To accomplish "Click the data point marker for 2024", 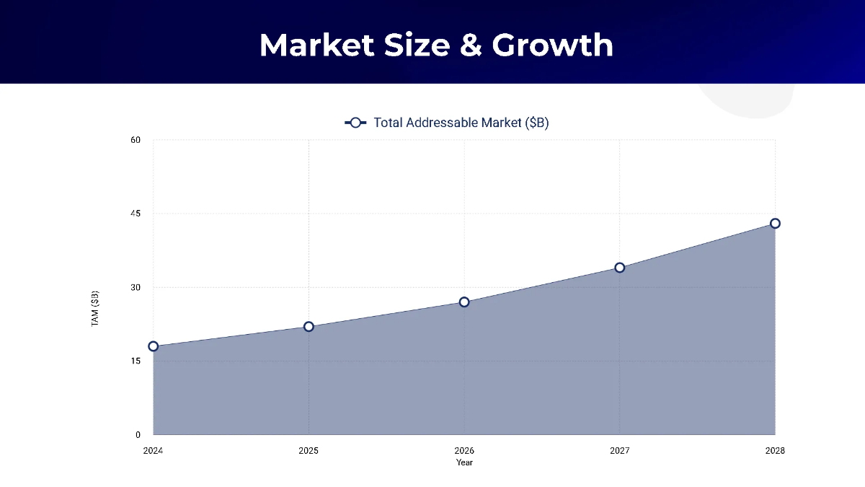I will (x=154, y=346).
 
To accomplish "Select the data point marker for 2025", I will (x=309, y=326).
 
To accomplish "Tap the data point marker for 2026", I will (x=464, y=302).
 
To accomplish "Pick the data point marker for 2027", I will (x=620, y=268).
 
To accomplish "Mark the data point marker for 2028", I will (x=775, y=223).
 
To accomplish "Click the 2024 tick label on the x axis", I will (x=154, y=451).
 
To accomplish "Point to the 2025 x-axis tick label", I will (x=309, y=451).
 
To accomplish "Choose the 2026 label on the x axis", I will (x=464, y=451).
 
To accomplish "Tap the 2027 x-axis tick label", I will (x=620, y=451).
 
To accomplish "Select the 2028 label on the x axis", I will (x=775, y=451).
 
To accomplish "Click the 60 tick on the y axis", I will (x=136, y=140).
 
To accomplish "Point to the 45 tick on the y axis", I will (x=136, y=214).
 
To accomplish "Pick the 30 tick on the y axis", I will (x=136, y=287).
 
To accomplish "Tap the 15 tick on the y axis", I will (x=136, y=361).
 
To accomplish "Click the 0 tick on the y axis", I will (x=138, y=435).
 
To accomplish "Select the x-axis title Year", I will (x=464, y=462).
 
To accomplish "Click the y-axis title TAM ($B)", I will (x=95, y=308).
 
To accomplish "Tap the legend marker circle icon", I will (x=355, y=123).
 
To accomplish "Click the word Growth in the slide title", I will (x=553, y=45).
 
